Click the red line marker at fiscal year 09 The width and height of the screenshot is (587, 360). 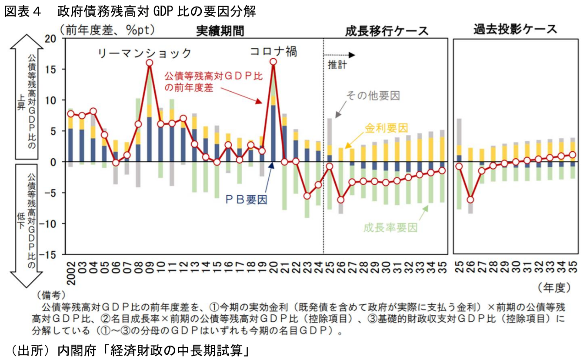click(150, 63)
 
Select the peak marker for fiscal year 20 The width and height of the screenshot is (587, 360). click(273, 62)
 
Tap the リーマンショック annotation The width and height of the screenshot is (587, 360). click(144, 53)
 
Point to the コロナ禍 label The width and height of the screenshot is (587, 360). click(273, 51)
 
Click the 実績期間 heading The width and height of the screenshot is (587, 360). click(220, 30)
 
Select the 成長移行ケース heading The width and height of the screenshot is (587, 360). click(387, 31)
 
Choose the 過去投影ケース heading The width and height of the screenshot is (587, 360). click(515, 30)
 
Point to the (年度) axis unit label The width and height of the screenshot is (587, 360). click(554, 287)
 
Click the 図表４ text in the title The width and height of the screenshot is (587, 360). click(23, 12)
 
